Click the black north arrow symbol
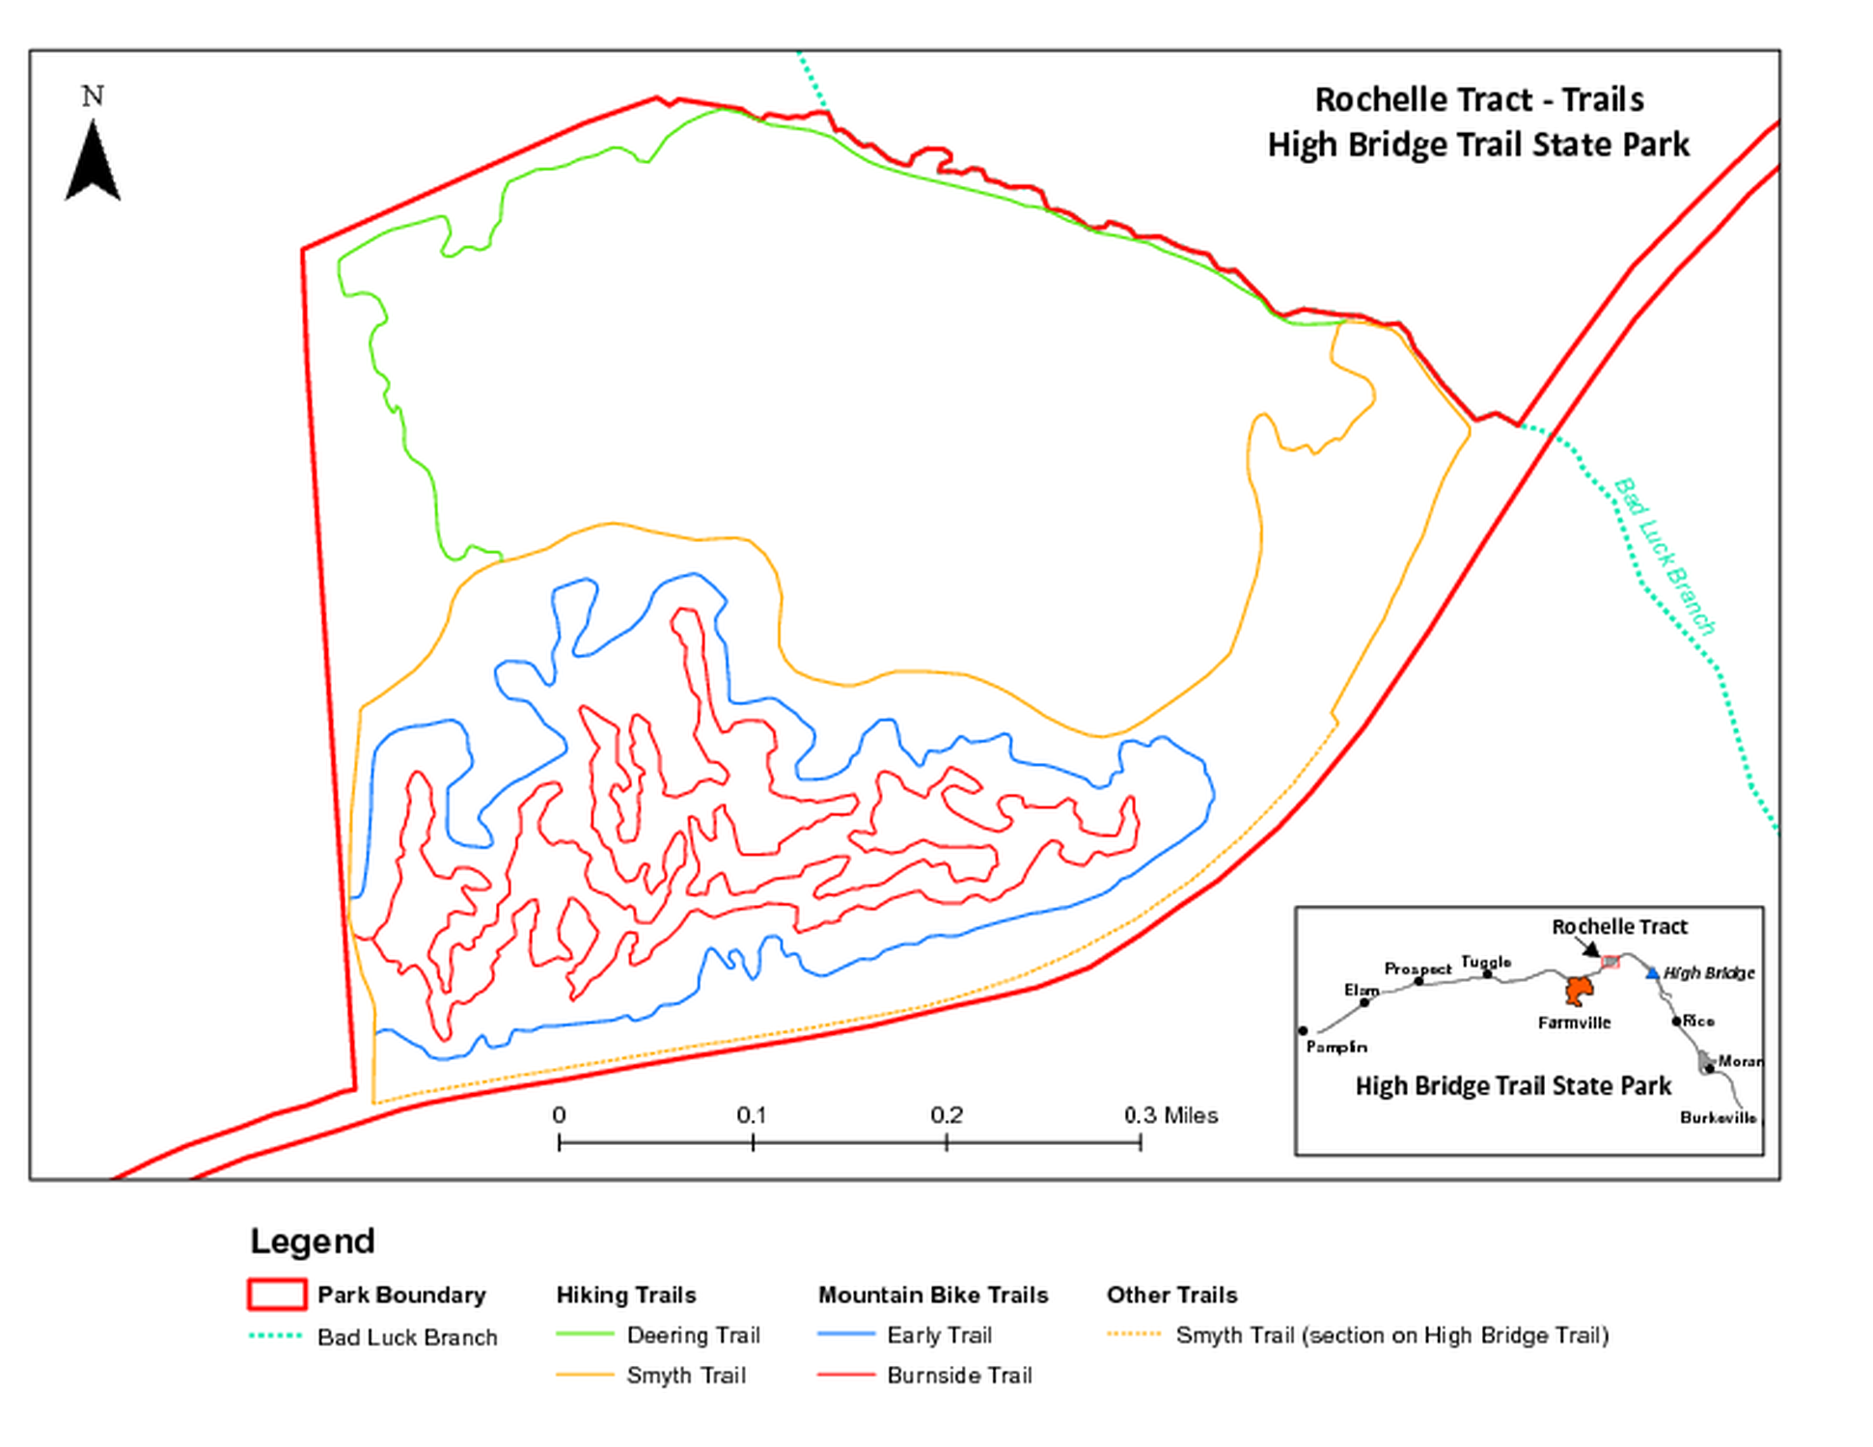pyautogui.click(x=93, y=164)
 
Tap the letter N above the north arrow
pyautogui.click(x=93, y=96)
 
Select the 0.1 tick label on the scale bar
pyautogui.click(x=752, y=1115)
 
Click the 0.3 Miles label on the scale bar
pyautogui.click(x=1171, y=1115)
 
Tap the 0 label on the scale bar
pyautogui.click(x=559, y=1115)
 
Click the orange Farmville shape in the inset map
pyautogui.click(x=1579, y=990)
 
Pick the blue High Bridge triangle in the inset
pyautogui.click(x=1652, y=973)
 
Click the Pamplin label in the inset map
pyautogui.click(x=1336, y=1047)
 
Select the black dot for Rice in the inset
pyautogui.click(x=1677, y=1021)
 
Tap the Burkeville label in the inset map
pyautogui.click(x=1718, y=1117)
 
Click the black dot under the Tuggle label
pyautogui.click(x=1487, y=974)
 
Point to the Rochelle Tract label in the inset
pyautogui.click(x=1619, y=927)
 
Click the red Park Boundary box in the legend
pyautogui.click(x=277, y=1295)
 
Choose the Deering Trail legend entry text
pyautogui.click(x=693, y=1335)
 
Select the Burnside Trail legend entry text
pyautogui.click(x=959, y=1376)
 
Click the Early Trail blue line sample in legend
pyautogui.click(x=845, y=1335)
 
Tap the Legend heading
pyautogui.click(x=313, y=1241)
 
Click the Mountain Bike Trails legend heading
pyautogui.click(x=933, y=1295)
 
